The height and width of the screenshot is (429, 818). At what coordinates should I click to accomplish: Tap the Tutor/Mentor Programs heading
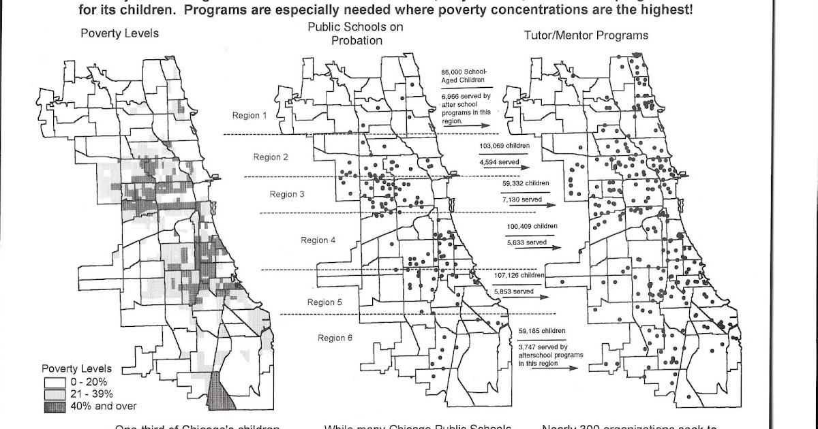586,35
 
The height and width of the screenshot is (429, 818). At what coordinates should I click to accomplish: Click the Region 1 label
250,115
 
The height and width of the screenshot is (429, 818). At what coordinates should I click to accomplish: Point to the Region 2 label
271,157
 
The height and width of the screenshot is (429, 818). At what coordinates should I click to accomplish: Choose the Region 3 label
288,194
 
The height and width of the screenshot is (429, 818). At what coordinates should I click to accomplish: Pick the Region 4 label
318,240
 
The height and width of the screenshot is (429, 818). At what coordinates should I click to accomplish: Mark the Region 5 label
325,302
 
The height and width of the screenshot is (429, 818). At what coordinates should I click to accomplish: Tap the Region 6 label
335,338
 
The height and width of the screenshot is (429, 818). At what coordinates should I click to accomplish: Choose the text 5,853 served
513,291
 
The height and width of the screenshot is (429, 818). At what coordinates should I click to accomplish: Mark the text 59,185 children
541,332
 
